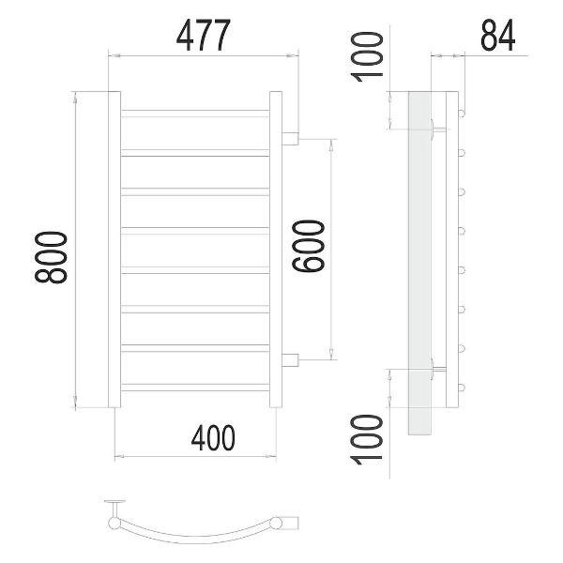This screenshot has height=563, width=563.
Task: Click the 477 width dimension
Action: point(204,36)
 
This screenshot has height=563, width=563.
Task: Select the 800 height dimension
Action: point(51,257)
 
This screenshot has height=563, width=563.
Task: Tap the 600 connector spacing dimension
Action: point(309,246)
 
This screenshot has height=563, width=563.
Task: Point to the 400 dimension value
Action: point(213,437)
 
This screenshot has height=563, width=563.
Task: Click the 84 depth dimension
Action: point(498,36)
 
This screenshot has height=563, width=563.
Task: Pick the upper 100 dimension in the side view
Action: point(367,57)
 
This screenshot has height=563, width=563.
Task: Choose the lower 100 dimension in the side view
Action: point(367,440)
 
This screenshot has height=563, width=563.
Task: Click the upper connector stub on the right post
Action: point(290,139)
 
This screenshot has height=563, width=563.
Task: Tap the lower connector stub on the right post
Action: point(290,360)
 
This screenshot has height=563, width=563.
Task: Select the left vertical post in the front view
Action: point(114,250)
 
